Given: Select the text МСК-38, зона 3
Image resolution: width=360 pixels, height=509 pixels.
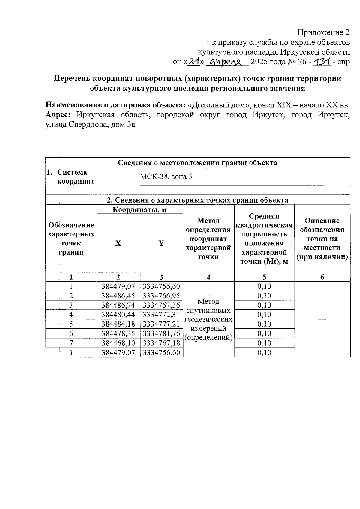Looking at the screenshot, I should tap(166, 176).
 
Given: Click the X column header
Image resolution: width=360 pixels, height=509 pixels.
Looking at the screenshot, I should tap(118, 243).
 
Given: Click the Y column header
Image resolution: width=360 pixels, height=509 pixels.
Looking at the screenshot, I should tap(161, 243).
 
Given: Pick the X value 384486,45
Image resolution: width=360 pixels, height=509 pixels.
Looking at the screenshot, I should tap(118, 296).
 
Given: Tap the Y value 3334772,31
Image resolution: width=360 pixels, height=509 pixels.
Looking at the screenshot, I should tap(161, 315).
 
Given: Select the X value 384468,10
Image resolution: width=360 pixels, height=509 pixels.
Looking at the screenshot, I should tap(118, 343).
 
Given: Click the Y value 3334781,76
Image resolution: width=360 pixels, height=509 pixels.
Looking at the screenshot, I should tap(161, 333).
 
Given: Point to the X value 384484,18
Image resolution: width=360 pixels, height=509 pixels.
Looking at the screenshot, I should tap(118, 324).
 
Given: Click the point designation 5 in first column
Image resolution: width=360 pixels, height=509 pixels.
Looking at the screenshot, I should tap(71, 324).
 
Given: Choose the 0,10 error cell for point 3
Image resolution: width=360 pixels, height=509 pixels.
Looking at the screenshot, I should tap(264, 305).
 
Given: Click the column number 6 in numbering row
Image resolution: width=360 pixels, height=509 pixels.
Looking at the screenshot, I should tap(322, 277).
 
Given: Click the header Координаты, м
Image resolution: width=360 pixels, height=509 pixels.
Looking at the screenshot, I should tap(139, 209).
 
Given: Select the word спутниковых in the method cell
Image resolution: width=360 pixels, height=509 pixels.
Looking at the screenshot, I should tap(208, 310).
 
